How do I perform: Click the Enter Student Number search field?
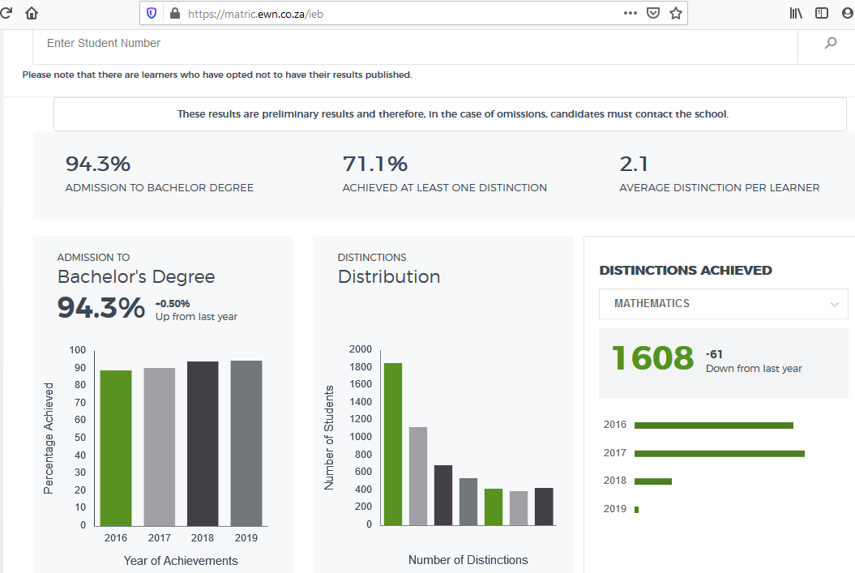pyautogui.click(x=414, y=44)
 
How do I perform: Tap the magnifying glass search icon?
pyautogui.click(x=831, y=43)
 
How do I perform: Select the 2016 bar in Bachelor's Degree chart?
pyautogui.click(x=116, y=448)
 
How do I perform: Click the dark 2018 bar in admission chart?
pyautogui.click(x=203, y=444)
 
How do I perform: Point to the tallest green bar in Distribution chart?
pyautogui.click(x=393, y=444)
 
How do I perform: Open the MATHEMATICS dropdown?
pyautogui.click(x=723, y=304)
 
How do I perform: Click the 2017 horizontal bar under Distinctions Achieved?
pyautogui.click(x=719, y=454)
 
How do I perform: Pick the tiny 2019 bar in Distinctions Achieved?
pyautogui.click(x=636, y=510)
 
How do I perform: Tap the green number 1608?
pyautogui.click(x=652, y=358)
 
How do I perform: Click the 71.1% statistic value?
pyautogui.click(x=375, y=164)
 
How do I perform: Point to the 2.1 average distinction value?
pyautogui.click(x=634, y=164)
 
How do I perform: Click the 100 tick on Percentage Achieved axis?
pyautogui.click(x=78, y=350)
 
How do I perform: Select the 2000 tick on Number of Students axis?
pyautogui.click(x=361, y=349)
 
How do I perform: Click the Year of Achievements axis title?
pyautogui.click(x=181, y=561)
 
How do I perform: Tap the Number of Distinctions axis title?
pyautogui.click(x=468, y=560)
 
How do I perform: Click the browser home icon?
pyautogui.click(x=32, y=13)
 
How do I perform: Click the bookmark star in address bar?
pyautogui.click(x=676, y=13)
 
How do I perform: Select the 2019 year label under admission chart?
pyautogui.click(x=246, y=538)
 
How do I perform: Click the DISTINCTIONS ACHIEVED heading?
pyautogui.click(x=686, y=271)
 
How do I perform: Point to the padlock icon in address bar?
pyautogui.click(x=175, y=13)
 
